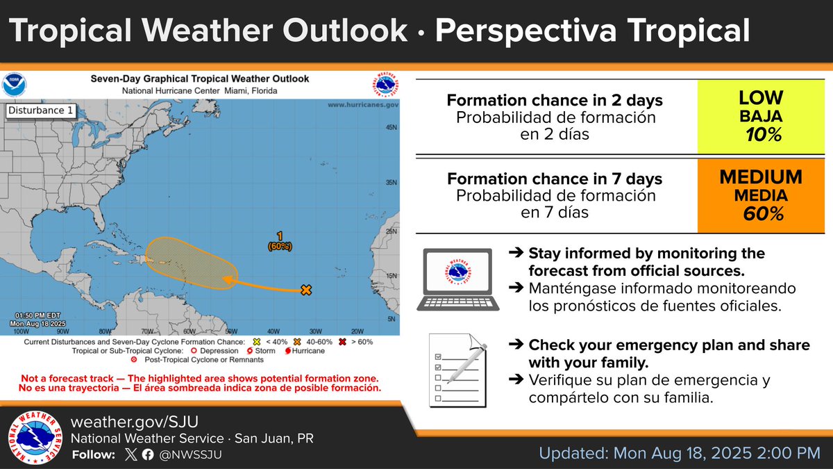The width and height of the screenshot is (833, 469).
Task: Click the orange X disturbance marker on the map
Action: coord(305,290)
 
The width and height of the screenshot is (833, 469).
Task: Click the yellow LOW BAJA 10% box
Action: coord(760,116)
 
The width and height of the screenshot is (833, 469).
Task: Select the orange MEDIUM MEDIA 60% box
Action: coord(760,195)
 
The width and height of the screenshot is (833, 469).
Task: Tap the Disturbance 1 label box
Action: coord(40,110)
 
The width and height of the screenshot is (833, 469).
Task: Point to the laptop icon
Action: coord(456,279)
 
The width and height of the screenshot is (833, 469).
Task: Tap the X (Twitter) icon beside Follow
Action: coord(131,455)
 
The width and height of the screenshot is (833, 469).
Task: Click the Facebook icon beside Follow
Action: coord(147,455)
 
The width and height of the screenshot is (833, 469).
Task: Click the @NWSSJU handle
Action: coord(190,455)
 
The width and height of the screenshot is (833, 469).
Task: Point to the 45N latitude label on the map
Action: coord(392,128)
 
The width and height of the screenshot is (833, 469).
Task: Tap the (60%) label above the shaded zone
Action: coord(280,246)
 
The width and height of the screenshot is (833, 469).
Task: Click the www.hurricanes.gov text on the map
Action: coord(362,104)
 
